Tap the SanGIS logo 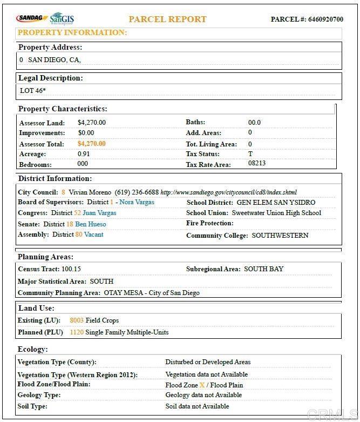[62, 18]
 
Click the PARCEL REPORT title [167, 19]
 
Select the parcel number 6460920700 [325, 19]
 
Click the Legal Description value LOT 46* [32, 91]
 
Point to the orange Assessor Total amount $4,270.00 [91, 144]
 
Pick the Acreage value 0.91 [84, 154]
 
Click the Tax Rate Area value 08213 [257, 163]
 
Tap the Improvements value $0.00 [85, 133]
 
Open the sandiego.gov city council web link [228, 192]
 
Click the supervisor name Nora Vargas [137, 202]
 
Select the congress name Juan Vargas [99, 213]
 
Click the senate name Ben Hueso [91, 224]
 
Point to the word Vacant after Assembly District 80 [93, 235]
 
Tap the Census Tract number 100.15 [71, 269]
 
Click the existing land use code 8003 [77, 320]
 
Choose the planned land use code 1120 [77, 332]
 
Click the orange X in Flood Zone [202, 385]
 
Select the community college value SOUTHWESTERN [280, 236]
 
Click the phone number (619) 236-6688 [137, 192]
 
